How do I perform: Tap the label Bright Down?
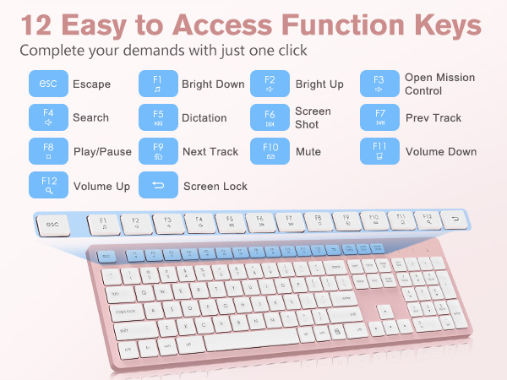(x=213, y=84)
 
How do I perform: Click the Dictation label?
(x=204, y=118)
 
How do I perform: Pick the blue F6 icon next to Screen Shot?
(x=270, y=117)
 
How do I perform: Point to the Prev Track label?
(x=433, y=118)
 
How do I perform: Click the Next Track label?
(x=210, y=152)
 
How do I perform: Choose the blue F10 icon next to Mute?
(x=270, y=152)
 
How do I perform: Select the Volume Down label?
(x=441, y=152)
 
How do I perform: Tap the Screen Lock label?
(x=215, y=186)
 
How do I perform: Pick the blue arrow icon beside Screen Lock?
(x=157, y=186)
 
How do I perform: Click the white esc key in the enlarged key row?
(x=55, y=225)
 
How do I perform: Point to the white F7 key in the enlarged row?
(x=289, y=223)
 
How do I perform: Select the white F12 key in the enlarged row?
(x=427, y=220)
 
